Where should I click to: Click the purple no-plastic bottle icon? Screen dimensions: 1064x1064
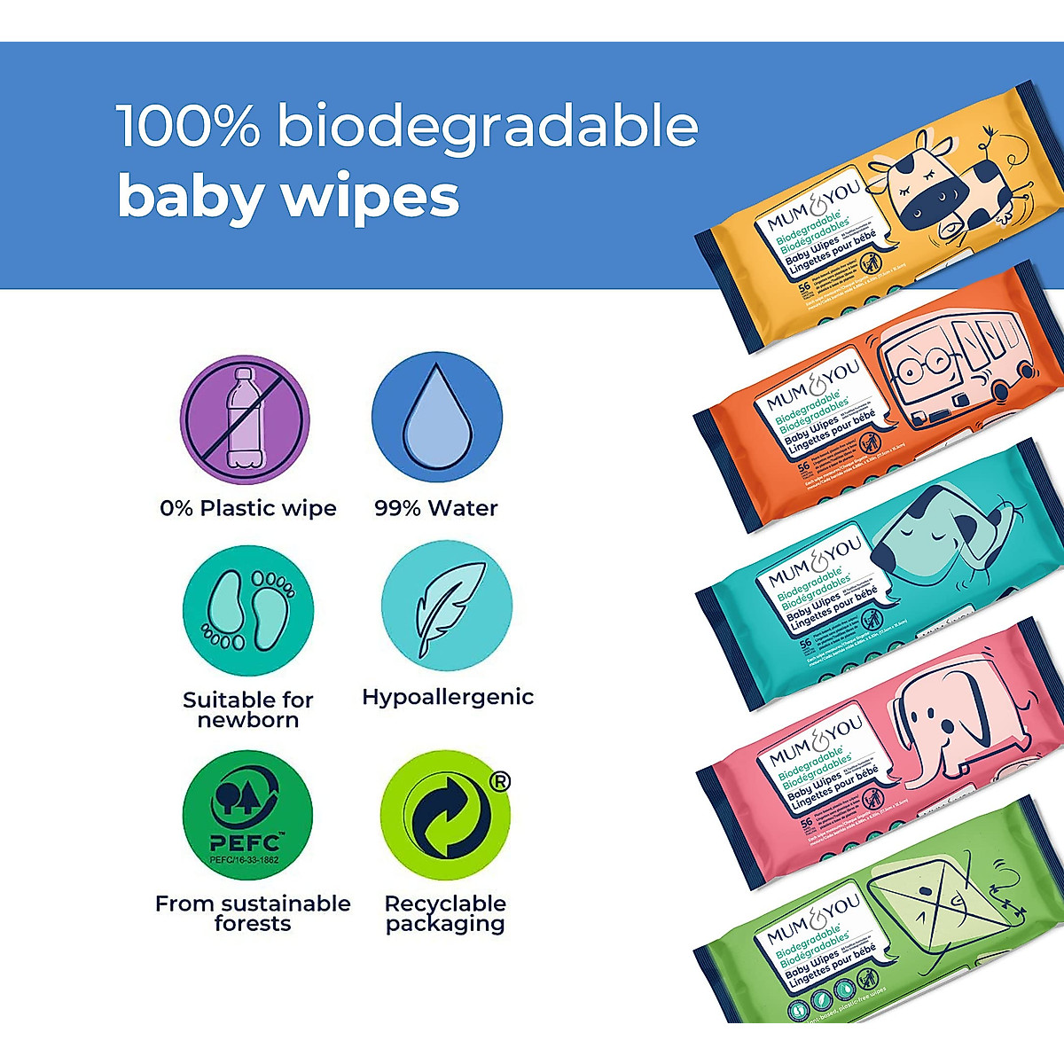click(x=245, y=420)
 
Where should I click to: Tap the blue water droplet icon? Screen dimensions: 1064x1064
click(x=436, y=419)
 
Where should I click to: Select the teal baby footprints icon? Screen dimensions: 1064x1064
click(x=247, y=610)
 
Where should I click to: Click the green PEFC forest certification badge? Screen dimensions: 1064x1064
click(x=247, y=817)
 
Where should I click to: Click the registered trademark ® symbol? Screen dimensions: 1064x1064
click(x=500, y=782)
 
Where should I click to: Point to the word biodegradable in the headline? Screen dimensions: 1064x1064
click(x=487, y=128)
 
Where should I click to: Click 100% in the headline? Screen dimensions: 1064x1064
click(x=188, y=127)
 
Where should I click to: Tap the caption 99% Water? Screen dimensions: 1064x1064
click(x=436, y=508)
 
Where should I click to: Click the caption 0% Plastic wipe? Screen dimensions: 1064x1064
click(x=248, y=508)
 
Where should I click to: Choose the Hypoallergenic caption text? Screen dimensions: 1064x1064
click(x=448, y=698)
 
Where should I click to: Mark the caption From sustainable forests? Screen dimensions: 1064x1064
click(x=253, y=913)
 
